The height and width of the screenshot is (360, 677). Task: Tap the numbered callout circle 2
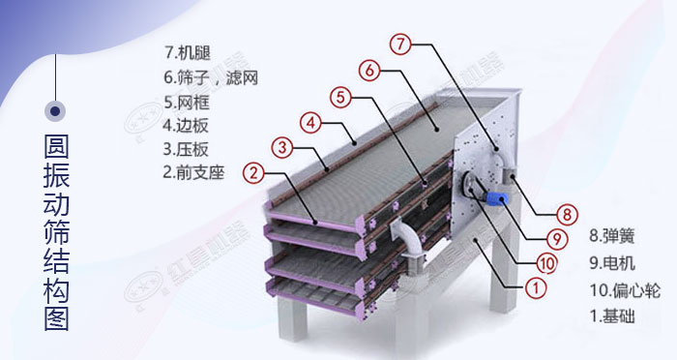point(253,173)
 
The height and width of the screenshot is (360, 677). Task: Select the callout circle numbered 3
point(281,147)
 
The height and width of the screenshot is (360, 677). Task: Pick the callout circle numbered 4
point(309,122)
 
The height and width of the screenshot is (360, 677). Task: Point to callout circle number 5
point(339,96)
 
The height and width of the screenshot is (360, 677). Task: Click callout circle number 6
point(371,70)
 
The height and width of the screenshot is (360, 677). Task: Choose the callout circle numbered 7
point(401,43)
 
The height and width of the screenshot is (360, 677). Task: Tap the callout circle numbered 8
point(568,214)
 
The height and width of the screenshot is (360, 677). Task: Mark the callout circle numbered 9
point(556,237)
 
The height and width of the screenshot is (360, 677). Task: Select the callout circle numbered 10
point(546,261)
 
